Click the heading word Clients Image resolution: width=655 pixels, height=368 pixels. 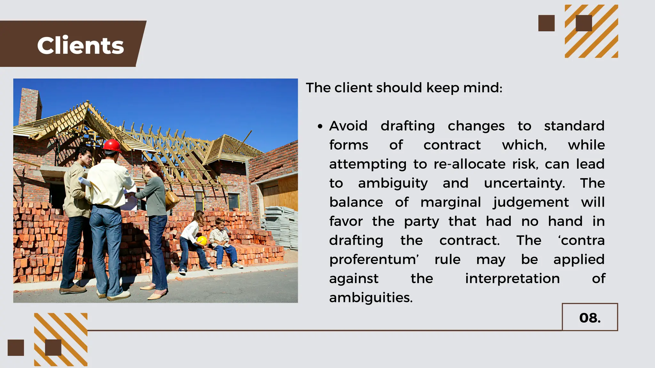[80, 46]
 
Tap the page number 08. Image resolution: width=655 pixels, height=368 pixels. [590, 318]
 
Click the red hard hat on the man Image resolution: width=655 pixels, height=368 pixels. [112, 145]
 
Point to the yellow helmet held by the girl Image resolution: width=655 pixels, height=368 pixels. [202, 240]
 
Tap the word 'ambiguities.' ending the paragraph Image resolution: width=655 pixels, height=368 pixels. [371, 298]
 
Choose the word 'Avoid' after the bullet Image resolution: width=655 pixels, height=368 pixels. [348, 126]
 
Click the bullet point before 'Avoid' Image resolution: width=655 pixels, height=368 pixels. [320, 126]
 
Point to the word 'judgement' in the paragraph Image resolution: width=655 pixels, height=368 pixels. [531, 203]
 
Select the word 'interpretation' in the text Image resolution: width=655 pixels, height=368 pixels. [512, 279]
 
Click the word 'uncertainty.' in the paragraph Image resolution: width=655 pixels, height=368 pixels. [525, 183]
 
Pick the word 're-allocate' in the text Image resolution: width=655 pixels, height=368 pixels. [470, 164]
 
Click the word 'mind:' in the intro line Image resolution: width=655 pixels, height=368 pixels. [483, 88]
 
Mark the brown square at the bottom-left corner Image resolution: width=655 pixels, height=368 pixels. [16, 348]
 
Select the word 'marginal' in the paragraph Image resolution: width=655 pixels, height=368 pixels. [451, 203]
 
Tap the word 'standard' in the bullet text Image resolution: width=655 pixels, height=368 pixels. [574, 126]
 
